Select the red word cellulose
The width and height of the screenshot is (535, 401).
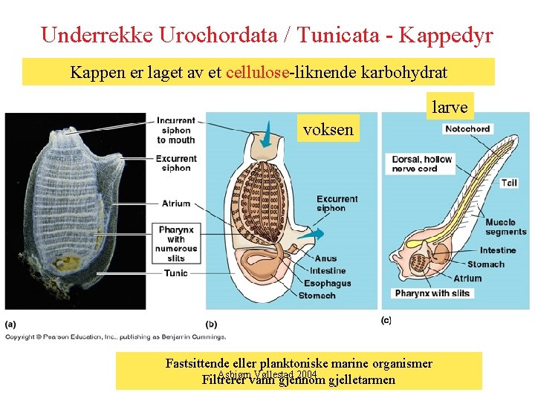click(257, 73)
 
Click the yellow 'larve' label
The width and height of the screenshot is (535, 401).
click(450, 107)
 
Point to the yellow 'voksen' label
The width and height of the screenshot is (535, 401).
click(328, 129)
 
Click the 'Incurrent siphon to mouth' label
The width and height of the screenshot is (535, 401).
click(176, 130)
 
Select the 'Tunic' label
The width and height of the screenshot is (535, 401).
click(177, 273)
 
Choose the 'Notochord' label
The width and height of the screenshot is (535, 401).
click(467, 129)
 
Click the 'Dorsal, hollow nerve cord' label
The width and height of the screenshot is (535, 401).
click(421, 164)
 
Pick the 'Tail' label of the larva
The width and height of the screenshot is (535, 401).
click(509, 183)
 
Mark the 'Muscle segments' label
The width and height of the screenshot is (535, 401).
click(505, 227)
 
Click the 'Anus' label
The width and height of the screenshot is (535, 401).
click(325, 259)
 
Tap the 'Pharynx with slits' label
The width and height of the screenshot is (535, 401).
click(432, 293)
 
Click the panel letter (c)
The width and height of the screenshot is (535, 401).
click(386, 320)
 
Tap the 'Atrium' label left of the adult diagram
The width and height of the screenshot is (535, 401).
click(177, 203)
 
